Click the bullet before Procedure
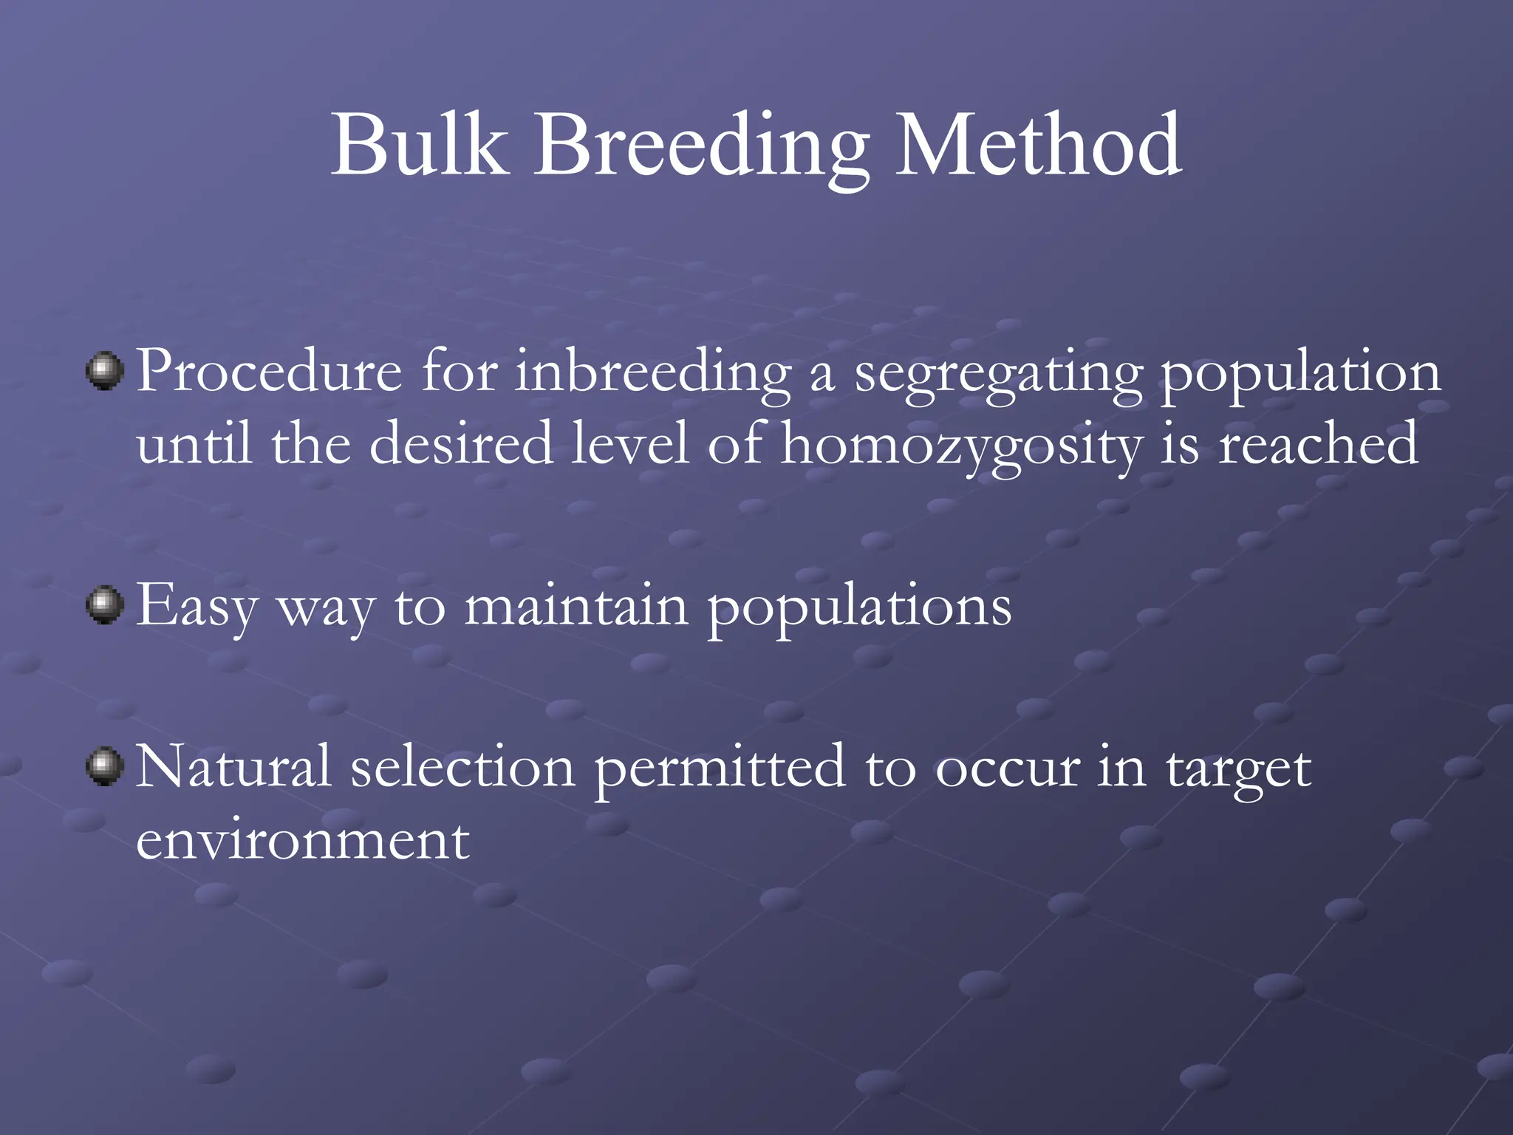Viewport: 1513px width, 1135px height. click(105, 370)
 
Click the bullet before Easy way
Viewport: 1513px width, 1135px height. click(105, 605)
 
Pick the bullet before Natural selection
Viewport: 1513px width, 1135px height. click(105, 766)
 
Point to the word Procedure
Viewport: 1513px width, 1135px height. click(269, 370)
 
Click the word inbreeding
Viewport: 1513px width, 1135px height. click(653, 373)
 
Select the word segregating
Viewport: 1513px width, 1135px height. click(997, 375)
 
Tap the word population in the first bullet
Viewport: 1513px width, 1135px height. click(1300, 375)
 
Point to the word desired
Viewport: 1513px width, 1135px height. click(461, 443)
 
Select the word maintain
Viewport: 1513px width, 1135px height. click(576, 606)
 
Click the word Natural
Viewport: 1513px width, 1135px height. click(233, 766)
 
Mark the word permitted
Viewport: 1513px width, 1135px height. click(720, 768)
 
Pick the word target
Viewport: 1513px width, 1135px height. click(1238, 771)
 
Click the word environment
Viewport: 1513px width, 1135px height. click(303, 840)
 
